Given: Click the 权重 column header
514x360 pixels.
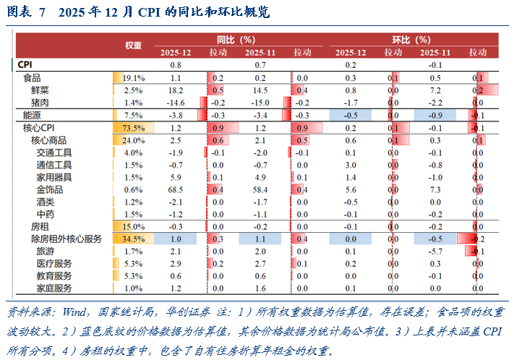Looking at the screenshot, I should pyautogui.click(x=133, y=46).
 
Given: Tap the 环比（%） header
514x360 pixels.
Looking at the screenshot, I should pyautogui.click(x=411, y=40).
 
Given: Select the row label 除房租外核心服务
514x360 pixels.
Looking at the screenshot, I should pyautogui.click(x=66, y=239).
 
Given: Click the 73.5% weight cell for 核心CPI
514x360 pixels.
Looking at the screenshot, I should pyautogui.click(x=134, y=128).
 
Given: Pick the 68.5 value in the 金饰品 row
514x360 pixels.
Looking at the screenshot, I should pyautogui.click(x=176, y=189).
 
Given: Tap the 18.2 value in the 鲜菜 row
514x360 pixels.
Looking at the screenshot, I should pyautogui.click(x=176, y=90).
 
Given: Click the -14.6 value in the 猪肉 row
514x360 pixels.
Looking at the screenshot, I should pyautogui.click(x=176, y=103).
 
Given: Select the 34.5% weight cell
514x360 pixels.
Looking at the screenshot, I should pyautogui.click(x=134, y=239).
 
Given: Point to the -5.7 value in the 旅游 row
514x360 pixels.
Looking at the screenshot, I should pyautogui.click(x=435, y=251).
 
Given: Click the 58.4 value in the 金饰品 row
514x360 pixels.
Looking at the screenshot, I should pyautogui.click(x=260, y=189).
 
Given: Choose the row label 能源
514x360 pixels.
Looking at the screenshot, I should pyautogui.click(x=32, y=115).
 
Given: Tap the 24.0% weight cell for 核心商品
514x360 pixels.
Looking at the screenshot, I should pyautogui.click(x=134, y=140).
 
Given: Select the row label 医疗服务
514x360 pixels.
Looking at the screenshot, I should pyautogui.click(x=54, y=263).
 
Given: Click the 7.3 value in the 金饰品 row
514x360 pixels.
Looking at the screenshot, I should pyautogui.click(x=435, y=189).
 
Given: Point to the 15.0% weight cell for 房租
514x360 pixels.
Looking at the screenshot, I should pyautogui.click(x=134, y=226).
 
